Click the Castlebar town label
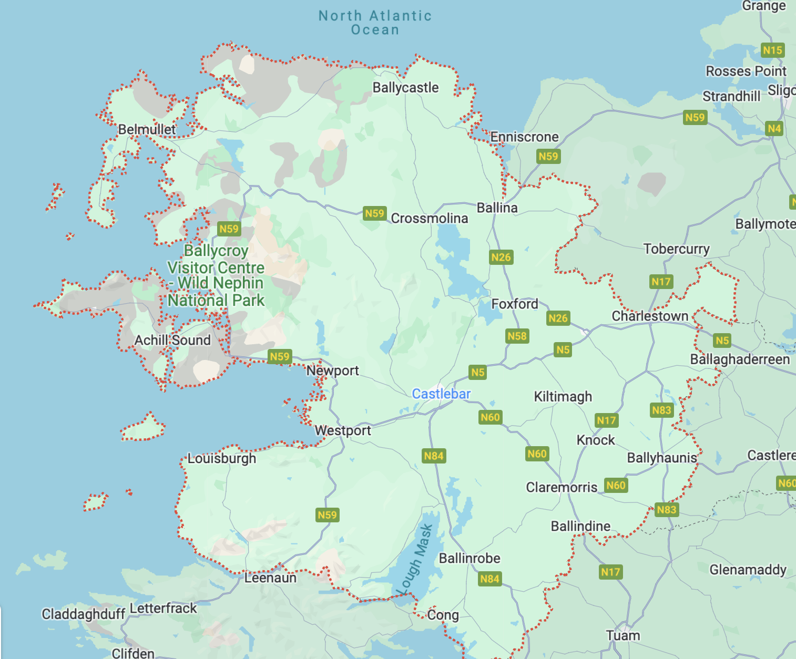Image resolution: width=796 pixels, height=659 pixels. click(441, 394)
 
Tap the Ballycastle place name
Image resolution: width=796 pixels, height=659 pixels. click(405, 88)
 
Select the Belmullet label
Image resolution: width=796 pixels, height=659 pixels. click(147, 129)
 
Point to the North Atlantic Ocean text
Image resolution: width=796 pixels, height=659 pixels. click(375, 23)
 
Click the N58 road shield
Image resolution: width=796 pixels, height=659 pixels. click(517, 336)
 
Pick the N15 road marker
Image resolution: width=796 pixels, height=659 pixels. click(772, 50)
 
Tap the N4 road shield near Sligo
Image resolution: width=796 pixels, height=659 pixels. click(774, 128)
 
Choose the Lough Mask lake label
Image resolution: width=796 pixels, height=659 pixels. click(415, 559)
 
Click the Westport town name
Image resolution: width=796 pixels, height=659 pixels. click(343, 430)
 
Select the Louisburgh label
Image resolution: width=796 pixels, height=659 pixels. click(222, 458)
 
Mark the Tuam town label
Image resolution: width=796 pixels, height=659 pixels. click(623, 636)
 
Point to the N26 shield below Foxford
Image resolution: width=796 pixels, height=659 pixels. click(558, 318)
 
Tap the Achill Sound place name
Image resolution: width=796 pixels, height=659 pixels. click(172, 341)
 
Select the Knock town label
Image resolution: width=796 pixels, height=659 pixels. click(596, 440)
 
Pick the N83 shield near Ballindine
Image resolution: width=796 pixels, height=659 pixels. click(666, 509)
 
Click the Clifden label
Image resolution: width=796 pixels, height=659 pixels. click(133, 653)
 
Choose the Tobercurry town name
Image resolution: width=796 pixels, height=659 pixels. click(676, 249)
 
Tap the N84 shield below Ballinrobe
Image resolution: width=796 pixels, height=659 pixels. click(489, 579)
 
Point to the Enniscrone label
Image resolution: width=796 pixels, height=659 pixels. click(524, 137)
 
